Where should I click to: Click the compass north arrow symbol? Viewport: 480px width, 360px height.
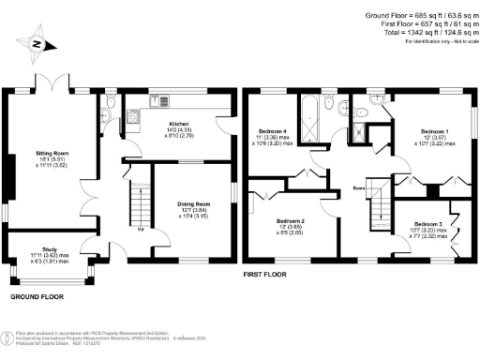click(36, 42)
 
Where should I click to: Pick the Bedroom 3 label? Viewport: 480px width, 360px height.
click(427, 225)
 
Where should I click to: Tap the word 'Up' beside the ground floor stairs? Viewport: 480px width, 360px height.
click(141, 228)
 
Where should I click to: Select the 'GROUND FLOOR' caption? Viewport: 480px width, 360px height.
click(37, 296)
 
